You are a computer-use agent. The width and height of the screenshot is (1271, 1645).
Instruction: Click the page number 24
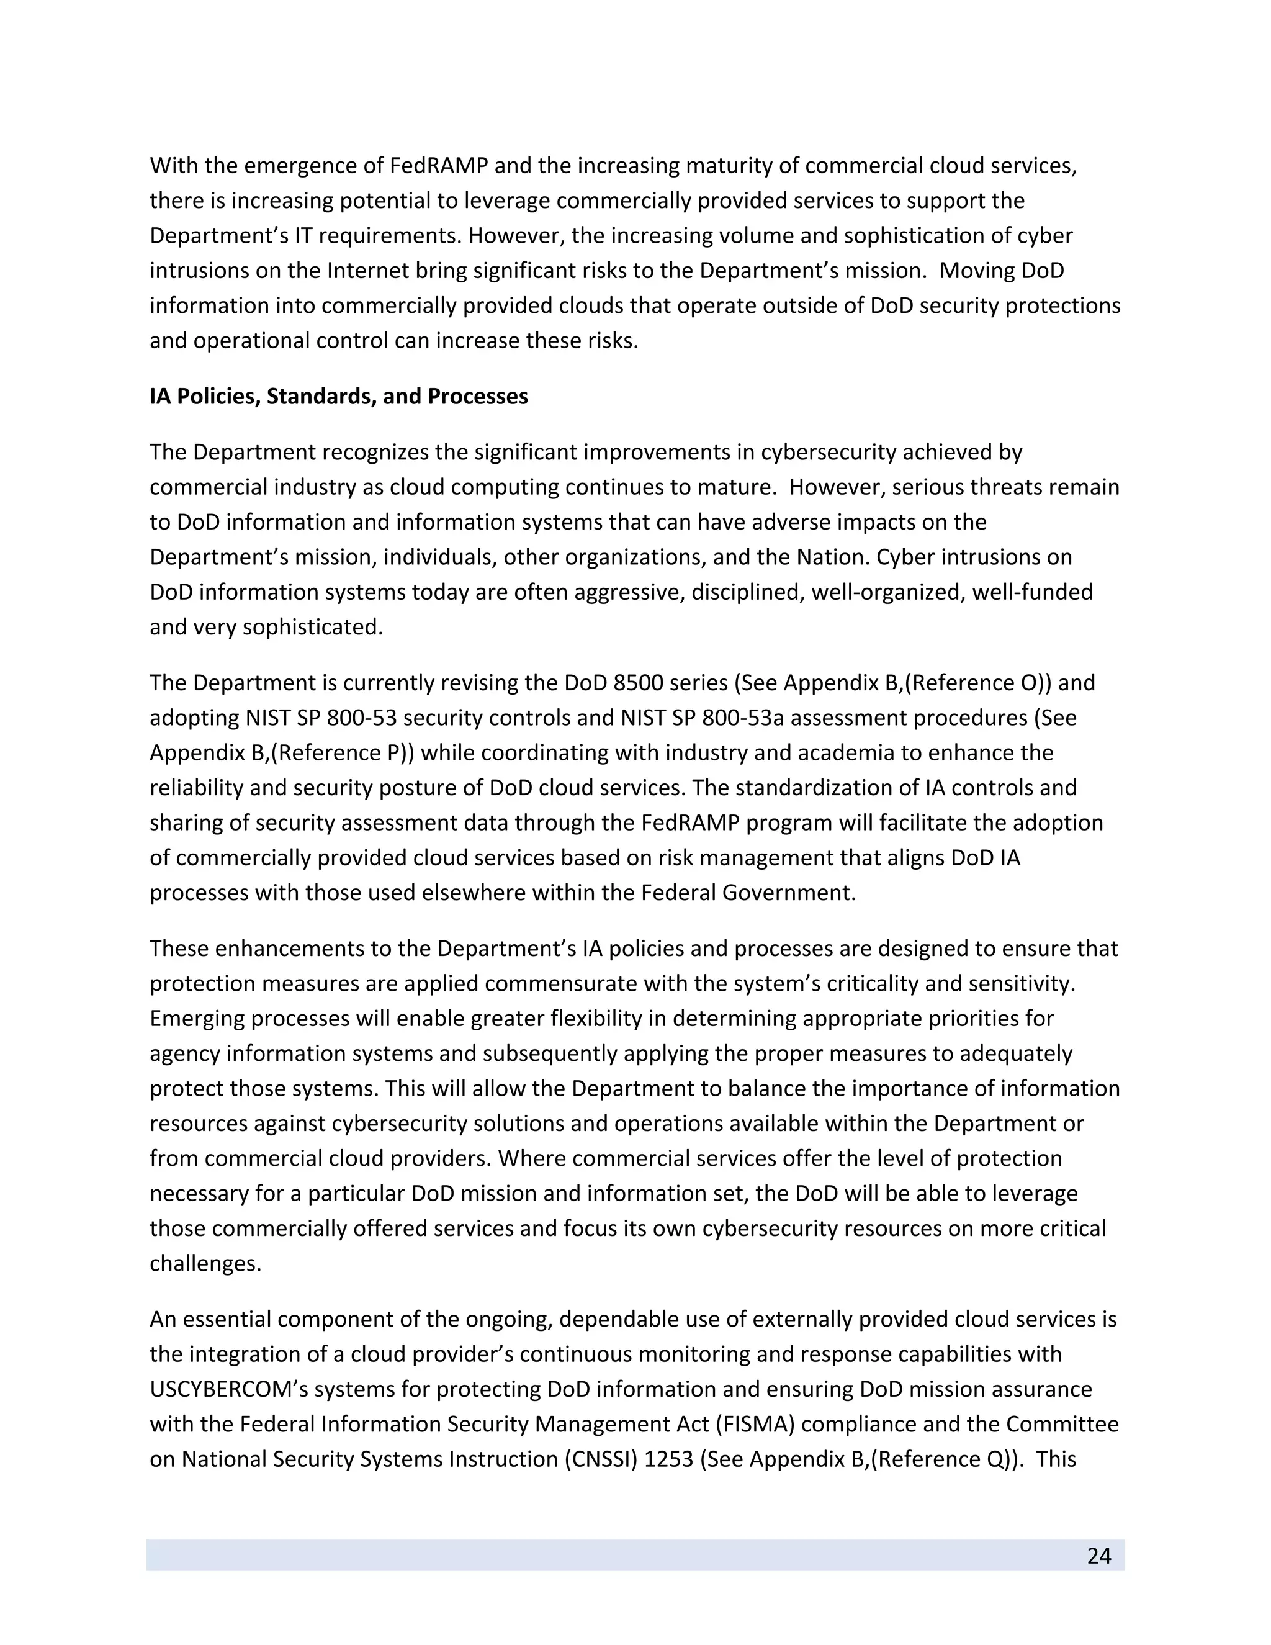pos(1098,1556)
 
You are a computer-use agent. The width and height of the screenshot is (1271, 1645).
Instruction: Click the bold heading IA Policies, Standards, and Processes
pos(339,396)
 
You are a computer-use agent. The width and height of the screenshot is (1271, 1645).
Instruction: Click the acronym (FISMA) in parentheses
pos(735,1424)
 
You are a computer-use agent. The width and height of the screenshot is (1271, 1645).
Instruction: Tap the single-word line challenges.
pos(205,1263)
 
